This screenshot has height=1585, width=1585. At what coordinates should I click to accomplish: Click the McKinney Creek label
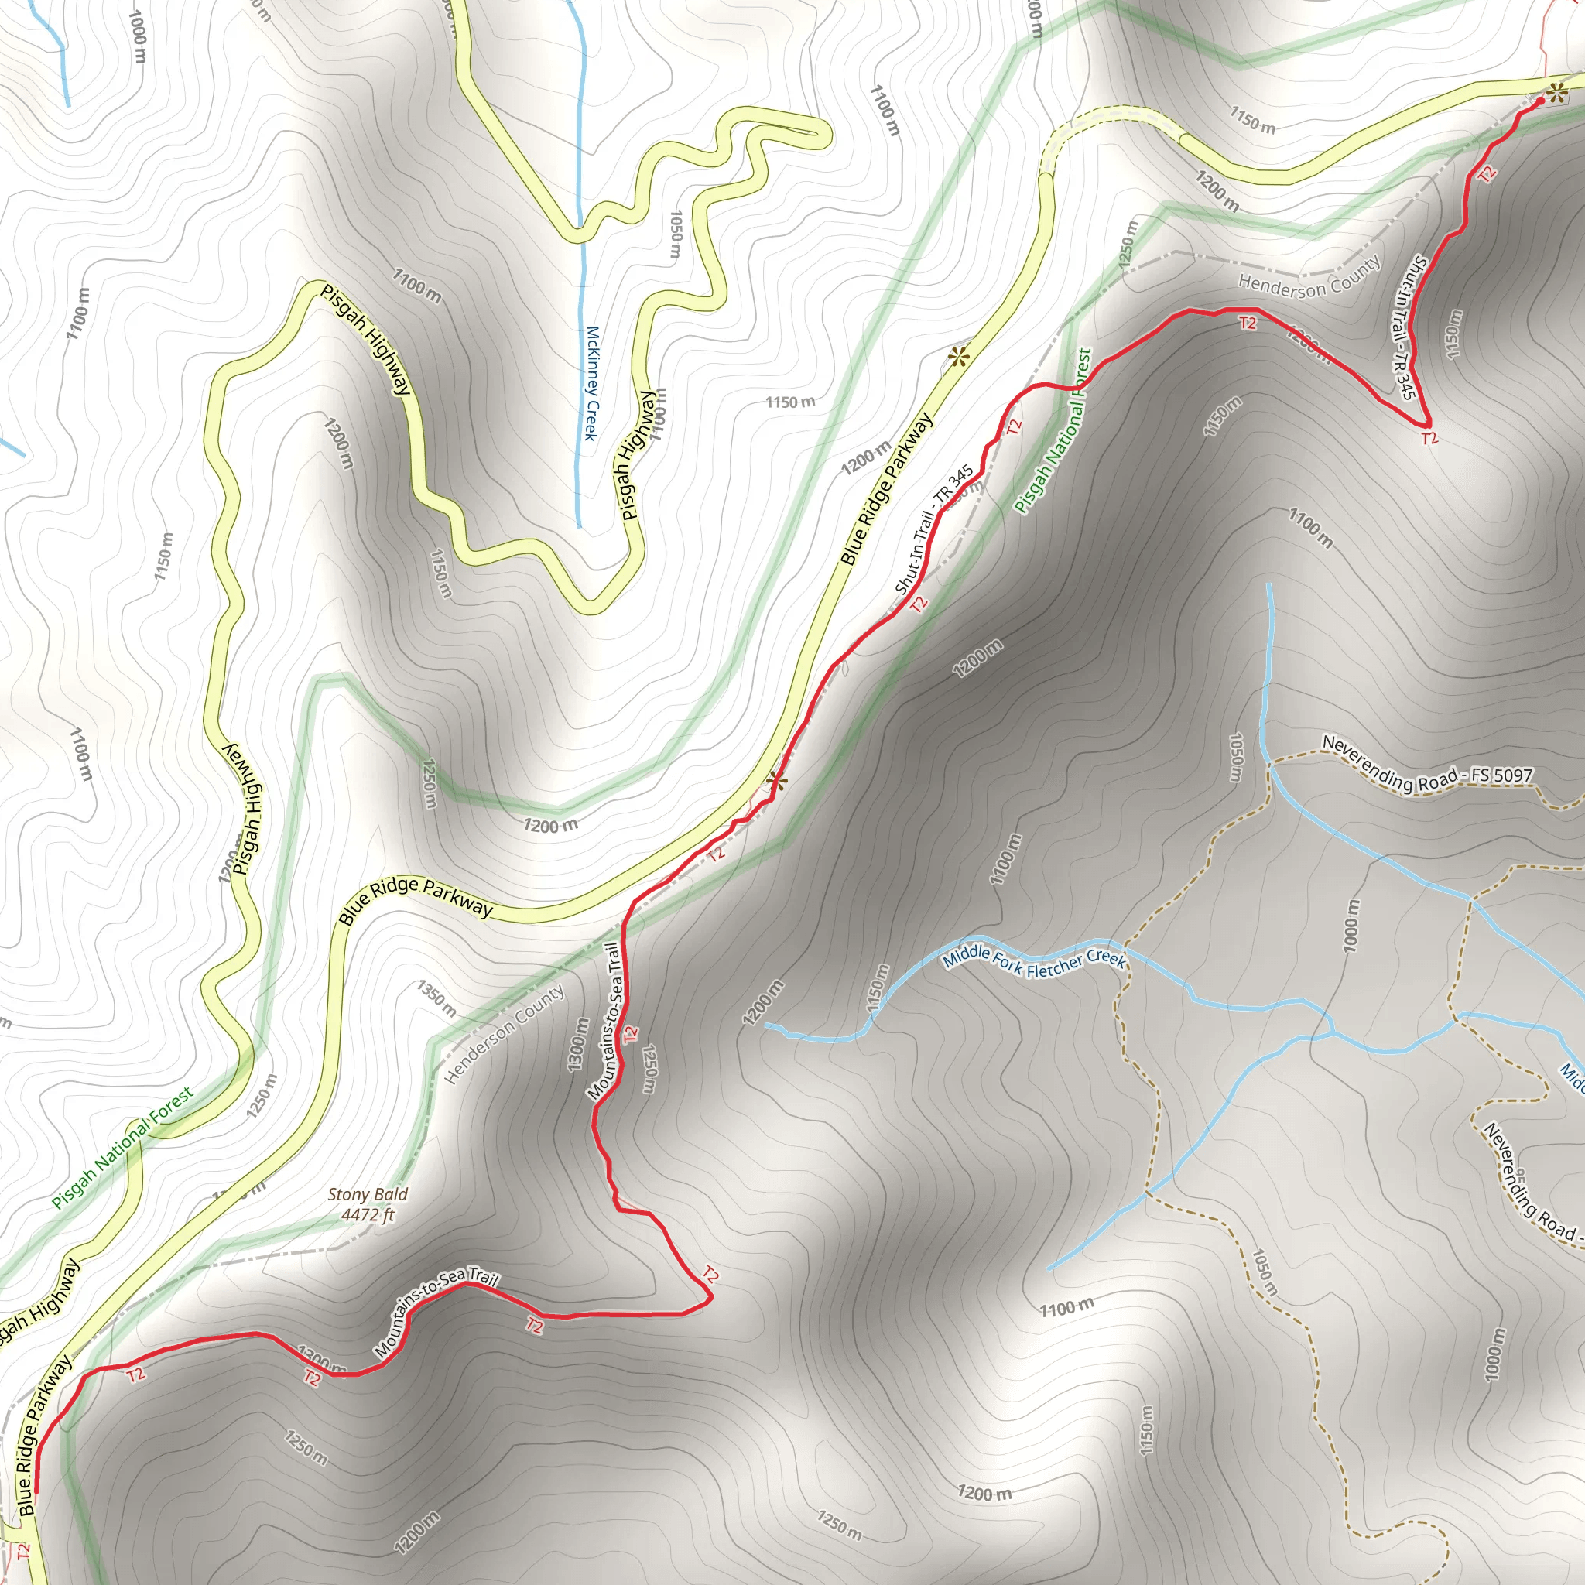(x=591, y=383)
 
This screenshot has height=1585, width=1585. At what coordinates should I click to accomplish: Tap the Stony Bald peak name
(x=368, y=1194)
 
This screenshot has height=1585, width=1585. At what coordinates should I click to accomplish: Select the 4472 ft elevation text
(x=368, y=1215)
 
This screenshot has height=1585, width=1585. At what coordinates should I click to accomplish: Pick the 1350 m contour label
(x=436, y=998)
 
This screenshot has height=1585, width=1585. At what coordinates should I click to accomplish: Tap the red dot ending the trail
(x=1540, y=101)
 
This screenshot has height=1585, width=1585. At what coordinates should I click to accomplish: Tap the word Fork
(x=1008, y=962)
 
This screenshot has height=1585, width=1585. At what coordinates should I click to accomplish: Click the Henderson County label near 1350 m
(x=505, y=1034)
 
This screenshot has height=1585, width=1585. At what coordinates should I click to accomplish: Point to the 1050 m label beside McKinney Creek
(x=675, y=234)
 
